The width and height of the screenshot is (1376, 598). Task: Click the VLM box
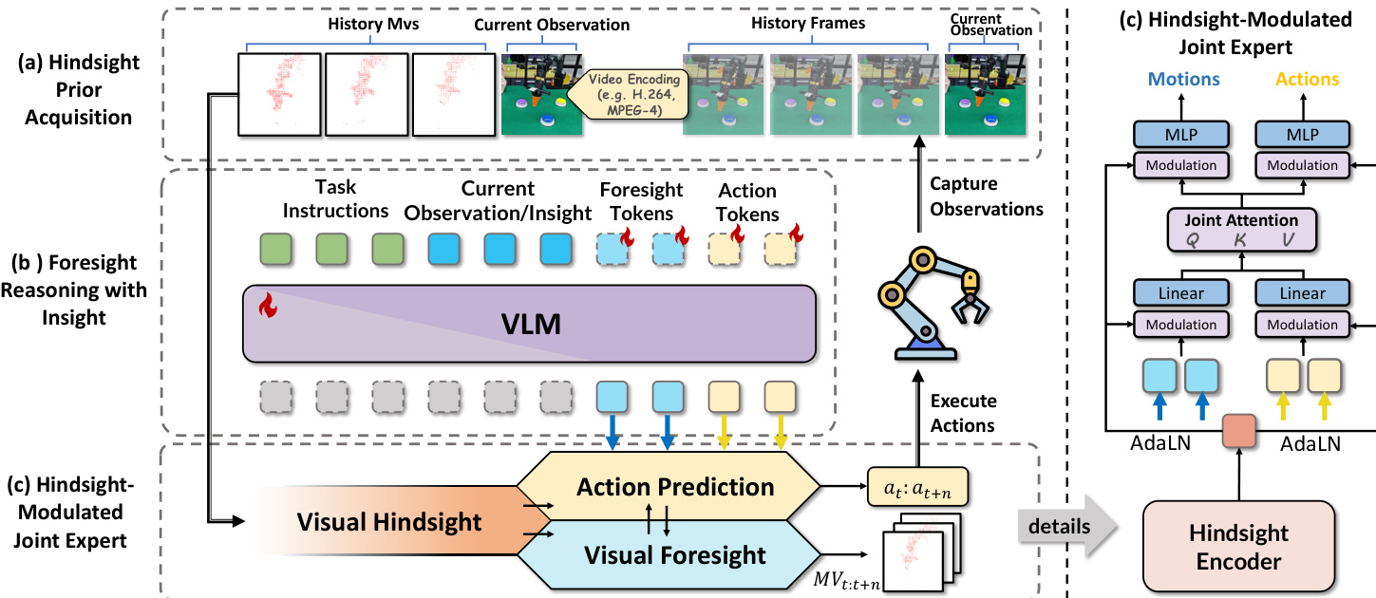point(530,324)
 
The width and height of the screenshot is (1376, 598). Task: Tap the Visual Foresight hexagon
point(676,553)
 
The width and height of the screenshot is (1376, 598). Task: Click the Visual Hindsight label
point(389,520)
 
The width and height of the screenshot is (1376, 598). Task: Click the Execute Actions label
point(963,414)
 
